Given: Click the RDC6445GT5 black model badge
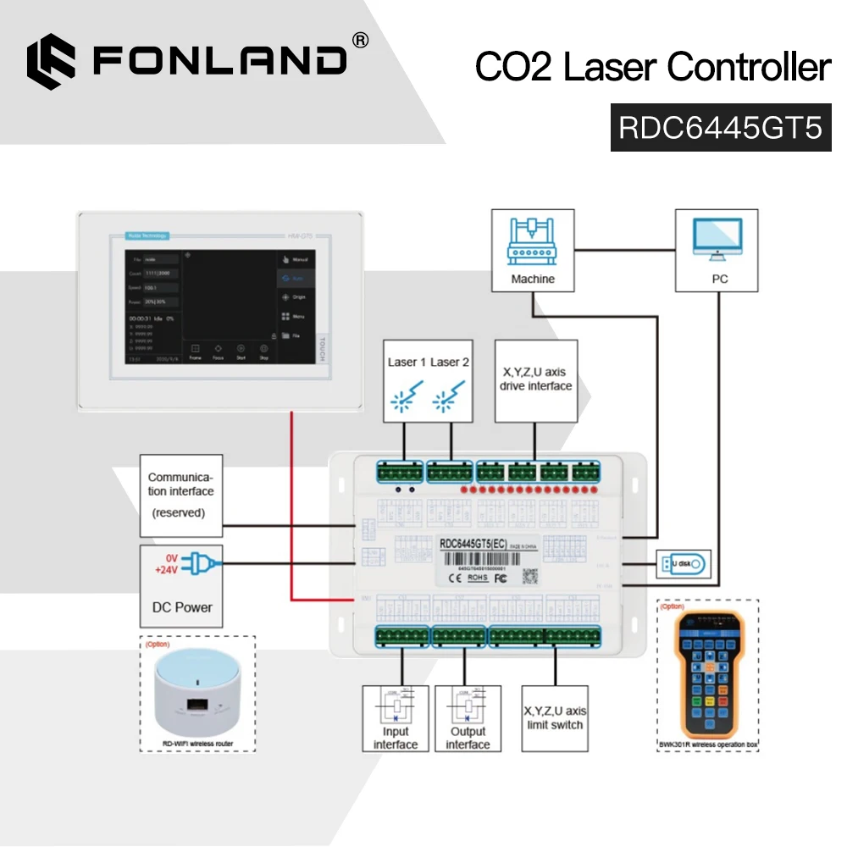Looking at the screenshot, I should (x=720, y=128).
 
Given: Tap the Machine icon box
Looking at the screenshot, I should (x=533, y=252).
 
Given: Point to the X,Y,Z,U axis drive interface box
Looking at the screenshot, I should (x=535, y=380).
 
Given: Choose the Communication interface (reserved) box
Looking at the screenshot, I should (x=180, y=495).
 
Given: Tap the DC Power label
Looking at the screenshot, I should (x=181, y=607).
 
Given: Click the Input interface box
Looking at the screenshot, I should (x=396, y=718).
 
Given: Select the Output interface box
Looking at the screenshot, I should (x=468, y=718).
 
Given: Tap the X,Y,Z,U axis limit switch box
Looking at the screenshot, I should (x=555, y=718).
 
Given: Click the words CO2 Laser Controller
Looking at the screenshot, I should (x=652, y=68).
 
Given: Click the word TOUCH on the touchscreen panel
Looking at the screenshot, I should (x=320, y=347).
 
